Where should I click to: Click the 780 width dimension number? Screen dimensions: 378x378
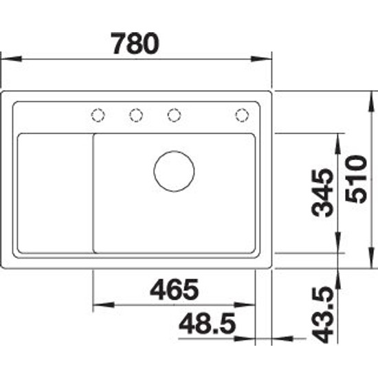[135, 43]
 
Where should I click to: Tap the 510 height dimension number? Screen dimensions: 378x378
[356, 179]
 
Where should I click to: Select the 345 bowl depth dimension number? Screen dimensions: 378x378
[322, 192]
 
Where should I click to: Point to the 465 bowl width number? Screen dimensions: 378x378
[175, 289]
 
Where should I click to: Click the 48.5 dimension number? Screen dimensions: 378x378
[207, 323]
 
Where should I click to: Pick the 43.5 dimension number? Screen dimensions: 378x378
[322, 314]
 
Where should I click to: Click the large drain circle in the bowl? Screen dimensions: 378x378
[174, 171]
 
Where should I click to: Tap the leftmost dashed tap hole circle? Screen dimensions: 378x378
[98, 115]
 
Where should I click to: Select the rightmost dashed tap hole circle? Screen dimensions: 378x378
[242, 115]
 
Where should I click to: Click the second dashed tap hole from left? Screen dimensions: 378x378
[136, 115]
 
